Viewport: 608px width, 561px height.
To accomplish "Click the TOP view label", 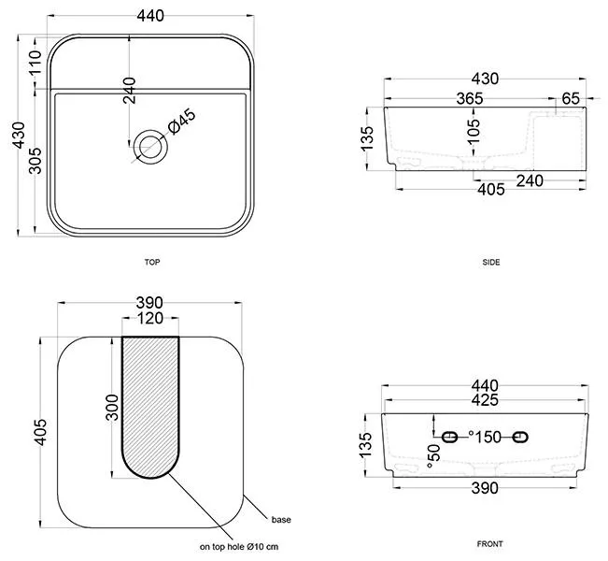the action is coord(152,262).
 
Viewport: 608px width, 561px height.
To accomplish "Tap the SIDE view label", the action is coord(491,262).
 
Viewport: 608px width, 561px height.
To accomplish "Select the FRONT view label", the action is coord(489,544).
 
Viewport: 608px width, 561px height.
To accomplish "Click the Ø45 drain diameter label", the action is coord(182,122).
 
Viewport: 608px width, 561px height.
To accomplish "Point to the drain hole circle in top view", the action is coord(150,147).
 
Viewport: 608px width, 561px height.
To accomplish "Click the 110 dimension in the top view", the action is coord(35,63).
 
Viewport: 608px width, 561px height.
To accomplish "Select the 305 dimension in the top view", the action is coord(35,160).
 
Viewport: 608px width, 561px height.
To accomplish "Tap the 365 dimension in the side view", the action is coord(470,98).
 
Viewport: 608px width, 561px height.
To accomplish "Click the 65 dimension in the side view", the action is coord(571,98).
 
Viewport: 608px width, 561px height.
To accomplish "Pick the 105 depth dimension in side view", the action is coord(474,131).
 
